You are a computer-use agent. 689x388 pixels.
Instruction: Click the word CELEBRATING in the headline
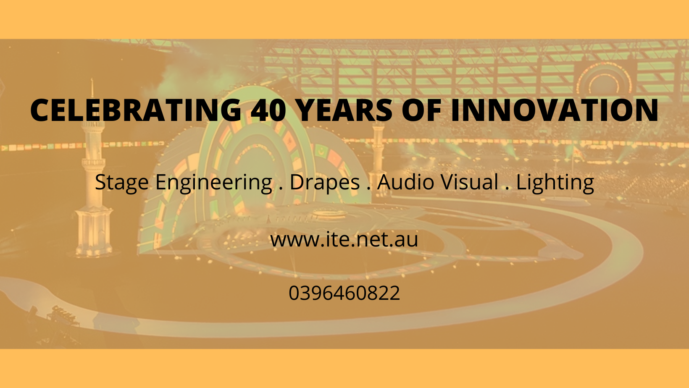click(136, 110)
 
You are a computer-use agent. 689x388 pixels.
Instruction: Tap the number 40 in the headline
click(268, 110)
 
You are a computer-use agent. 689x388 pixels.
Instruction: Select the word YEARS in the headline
click(345, 110)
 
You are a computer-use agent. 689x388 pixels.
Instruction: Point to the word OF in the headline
click(421, 110)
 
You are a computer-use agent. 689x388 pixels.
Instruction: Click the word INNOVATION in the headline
click(555, 110)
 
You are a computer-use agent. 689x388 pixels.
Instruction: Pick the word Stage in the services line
click(122, 183)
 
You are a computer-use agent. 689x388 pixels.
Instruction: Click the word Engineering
click(214, 183)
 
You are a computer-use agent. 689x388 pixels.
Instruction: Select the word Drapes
click(325, 183)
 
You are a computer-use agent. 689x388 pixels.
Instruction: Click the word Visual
click(469, 182)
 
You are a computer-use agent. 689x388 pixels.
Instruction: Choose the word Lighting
click(555, 183)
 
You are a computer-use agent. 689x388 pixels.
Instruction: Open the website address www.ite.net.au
click(344, 240)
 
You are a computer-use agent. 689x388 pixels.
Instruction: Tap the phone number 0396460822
click(344, 293)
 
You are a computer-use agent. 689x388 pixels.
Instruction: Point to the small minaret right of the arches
click(378, 157)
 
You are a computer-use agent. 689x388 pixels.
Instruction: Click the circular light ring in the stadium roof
click(604, 79)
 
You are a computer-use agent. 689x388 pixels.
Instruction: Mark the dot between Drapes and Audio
click(368, 188)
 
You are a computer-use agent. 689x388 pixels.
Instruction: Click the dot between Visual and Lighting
click(507, 188)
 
